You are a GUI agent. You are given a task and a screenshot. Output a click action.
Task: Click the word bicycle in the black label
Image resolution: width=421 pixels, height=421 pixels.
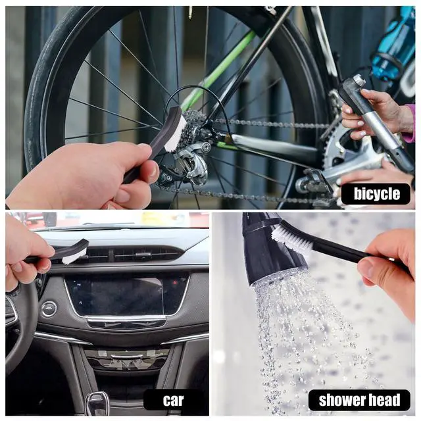(x=377, y=193)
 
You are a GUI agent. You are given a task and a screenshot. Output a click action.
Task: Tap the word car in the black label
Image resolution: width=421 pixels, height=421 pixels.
(x=173, y=401)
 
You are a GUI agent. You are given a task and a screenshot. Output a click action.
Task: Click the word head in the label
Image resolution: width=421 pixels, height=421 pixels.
(x=384, y=400)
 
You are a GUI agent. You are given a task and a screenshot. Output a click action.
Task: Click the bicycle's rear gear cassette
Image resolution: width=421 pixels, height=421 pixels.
(x=193, y=126)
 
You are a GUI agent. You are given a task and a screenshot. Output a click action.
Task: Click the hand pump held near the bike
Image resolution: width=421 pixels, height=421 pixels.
(x=376, y=124)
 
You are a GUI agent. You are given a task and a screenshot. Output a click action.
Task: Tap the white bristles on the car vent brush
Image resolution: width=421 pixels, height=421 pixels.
(x=74, y=256)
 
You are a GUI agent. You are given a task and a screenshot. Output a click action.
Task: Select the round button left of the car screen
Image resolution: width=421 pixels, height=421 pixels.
(x=49, y=309)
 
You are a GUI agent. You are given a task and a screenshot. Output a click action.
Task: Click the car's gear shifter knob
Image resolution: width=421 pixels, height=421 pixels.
(x=97, y=403)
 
